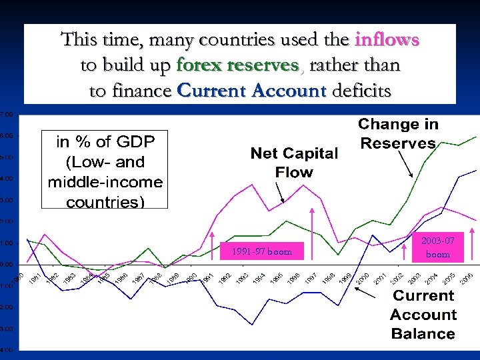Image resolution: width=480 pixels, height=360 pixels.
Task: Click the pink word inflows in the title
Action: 387,39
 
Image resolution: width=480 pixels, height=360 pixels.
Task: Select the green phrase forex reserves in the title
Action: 237,65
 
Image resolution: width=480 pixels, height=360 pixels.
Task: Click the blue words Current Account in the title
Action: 252,91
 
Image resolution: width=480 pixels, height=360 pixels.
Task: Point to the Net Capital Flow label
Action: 294,163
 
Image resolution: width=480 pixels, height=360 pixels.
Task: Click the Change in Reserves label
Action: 398,133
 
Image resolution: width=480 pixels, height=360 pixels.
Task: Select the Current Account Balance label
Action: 423,315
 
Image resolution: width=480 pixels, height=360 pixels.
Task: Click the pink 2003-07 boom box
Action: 438,247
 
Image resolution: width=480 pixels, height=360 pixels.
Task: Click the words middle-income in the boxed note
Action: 105,182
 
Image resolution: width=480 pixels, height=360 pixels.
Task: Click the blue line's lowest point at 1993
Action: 252,325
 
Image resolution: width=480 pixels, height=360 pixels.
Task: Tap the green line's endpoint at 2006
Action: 476,137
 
